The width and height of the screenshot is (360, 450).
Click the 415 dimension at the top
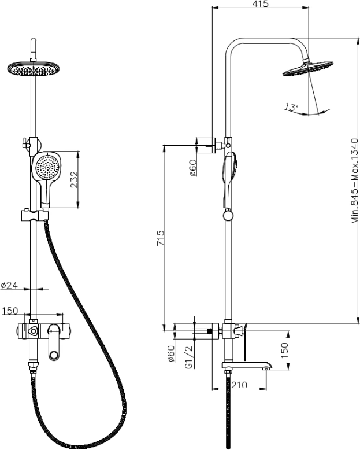click(x=261, y=4)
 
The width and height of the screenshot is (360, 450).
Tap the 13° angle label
click(x=291, y=106)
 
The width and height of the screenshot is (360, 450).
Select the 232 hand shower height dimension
click(x=74, y=180)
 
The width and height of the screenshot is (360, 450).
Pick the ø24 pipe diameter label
click(x=10, y=285)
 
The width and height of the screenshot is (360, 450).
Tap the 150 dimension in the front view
click(x=10, y=312)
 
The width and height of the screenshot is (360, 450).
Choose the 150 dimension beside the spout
click(x=284, y=349)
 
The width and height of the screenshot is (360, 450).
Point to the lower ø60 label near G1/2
click(x=171, y=353)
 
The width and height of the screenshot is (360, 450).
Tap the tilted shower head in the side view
click(x=307, y=68)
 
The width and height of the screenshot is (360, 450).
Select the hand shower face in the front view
click(x=46, y=168)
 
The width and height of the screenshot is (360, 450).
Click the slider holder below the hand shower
click(x=34, y=215)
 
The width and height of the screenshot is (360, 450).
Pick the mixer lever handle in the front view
click(x=54, y=331)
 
